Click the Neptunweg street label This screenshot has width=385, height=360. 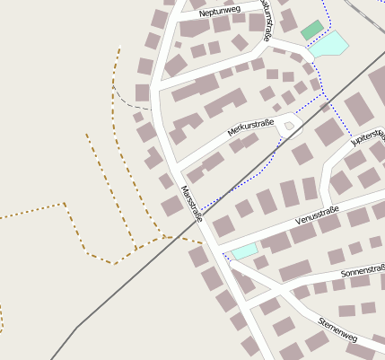tap(221, 13)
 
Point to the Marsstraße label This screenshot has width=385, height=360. tap(192, 204)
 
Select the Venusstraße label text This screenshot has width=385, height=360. tap(316, 214)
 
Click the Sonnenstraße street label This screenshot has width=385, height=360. tap(362, 271)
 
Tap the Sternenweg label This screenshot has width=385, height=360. tap(337, 329)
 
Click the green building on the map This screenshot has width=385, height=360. tap(311, 30)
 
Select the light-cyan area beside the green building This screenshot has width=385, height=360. tap(329, 43)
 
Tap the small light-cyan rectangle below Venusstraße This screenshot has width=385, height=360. tap(244, 250)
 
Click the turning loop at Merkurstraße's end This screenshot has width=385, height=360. tap(288, 127)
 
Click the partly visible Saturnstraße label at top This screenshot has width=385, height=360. tap(266, 13)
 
